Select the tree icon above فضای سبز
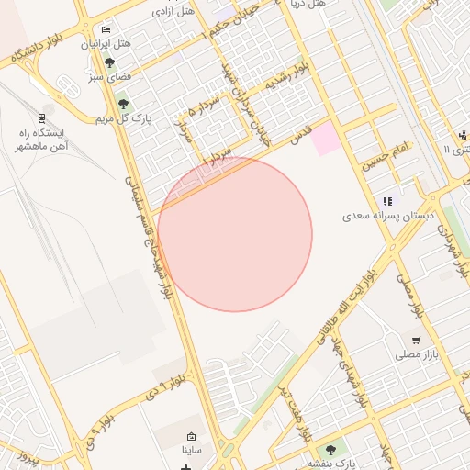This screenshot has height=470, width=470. pyautogui.click(x=109, y=63)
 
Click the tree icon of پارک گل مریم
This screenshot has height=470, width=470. pyautogui.click(x=124, y=104)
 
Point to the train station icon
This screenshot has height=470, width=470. pyautogui.click(x=41, y=118)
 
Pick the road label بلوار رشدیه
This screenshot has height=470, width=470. pyautogui.click(x=286, y=74)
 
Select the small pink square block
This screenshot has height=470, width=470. pyautogui.click(x=325, y=140)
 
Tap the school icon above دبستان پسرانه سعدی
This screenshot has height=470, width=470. pyautogui.click(x=387, y=200)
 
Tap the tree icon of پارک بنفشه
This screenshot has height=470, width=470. pyautogui.click(x=330, y=450)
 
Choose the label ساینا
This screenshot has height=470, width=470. pyautogui.click(x=191, y=451)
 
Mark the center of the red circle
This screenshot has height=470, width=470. pyautogui.click(x=235, y=234)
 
